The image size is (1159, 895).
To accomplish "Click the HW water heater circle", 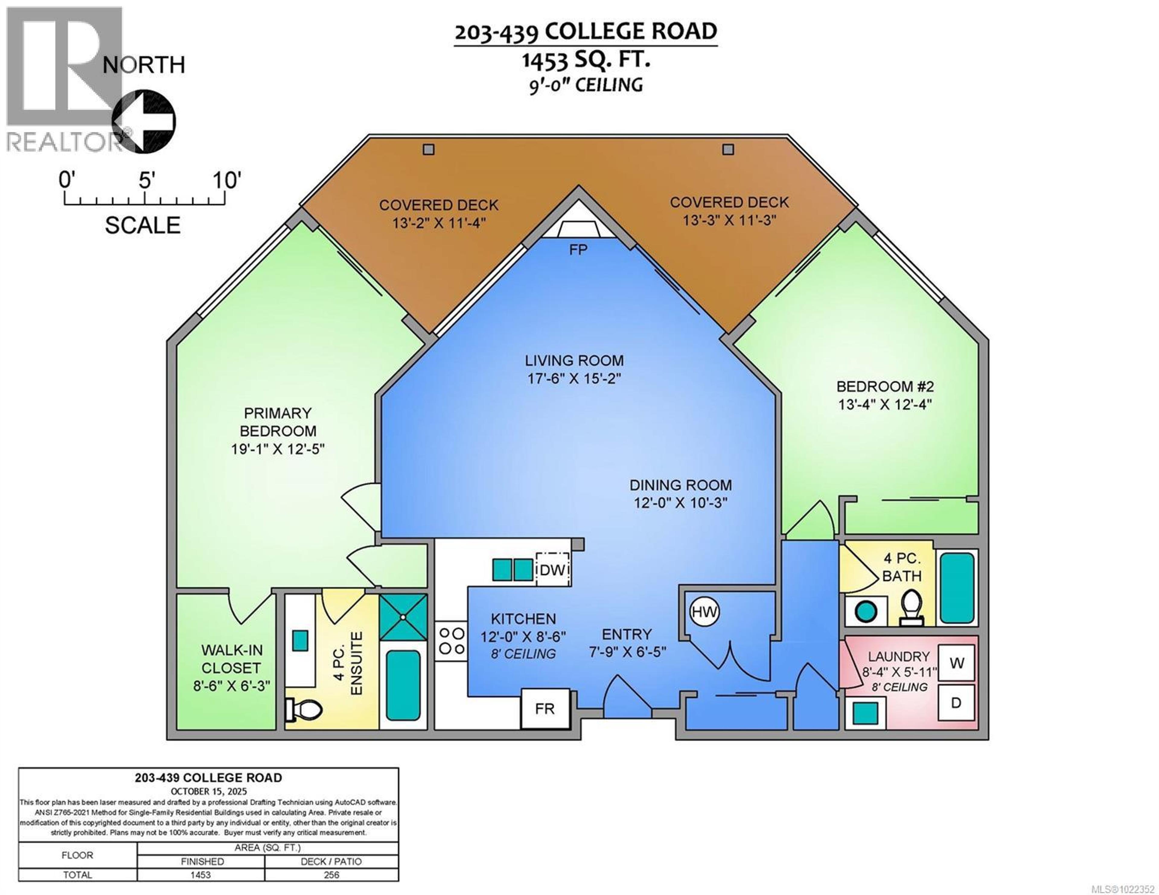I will [704, 612].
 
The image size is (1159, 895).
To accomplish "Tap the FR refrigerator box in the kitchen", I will [545, 709].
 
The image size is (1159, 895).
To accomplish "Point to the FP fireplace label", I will [578, 249].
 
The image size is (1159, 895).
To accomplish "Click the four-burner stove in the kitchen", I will [452, 641].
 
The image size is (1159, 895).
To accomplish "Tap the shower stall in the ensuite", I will [403, 617].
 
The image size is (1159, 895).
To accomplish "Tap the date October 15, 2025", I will [209, 791].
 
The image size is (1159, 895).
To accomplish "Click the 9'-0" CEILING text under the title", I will [585, 85].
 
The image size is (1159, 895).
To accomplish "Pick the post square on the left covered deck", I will [428, 150].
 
